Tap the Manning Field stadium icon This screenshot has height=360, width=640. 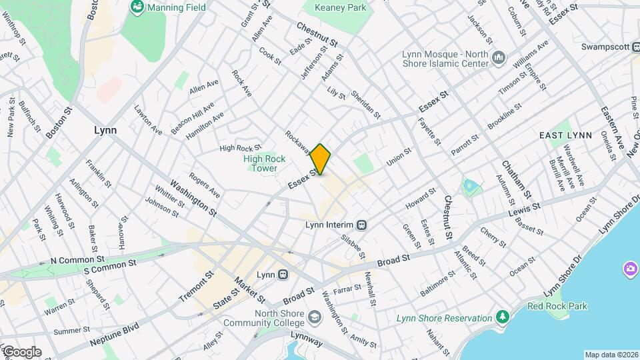[138, 7]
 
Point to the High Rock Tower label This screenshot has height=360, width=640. [264, 163]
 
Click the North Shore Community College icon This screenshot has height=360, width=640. [314, 317]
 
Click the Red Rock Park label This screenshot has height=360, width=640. [557, 306]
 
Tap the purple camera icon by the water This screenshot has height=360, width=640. [630, 269]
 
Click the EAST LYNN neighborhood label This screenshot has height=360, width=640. [565, 135]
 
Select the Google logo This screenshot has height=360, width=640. [21, 351]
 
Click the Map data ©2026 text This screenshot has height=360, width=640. [611, 355]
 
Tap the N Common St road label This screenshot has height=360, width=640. [77, 258]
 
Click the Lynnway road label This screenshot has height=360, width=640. [305, 343]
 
